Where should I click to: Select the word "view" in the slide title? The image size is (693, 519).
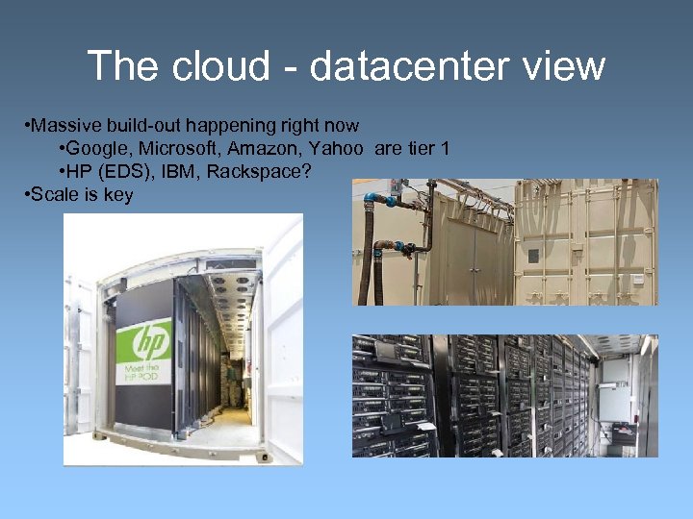[x=566, y=66]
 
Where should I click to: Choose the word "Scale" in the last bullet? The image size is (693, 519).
[x=53, y=195]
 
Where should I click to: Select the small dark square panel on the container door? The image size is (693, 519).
[x=531, y=256]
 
